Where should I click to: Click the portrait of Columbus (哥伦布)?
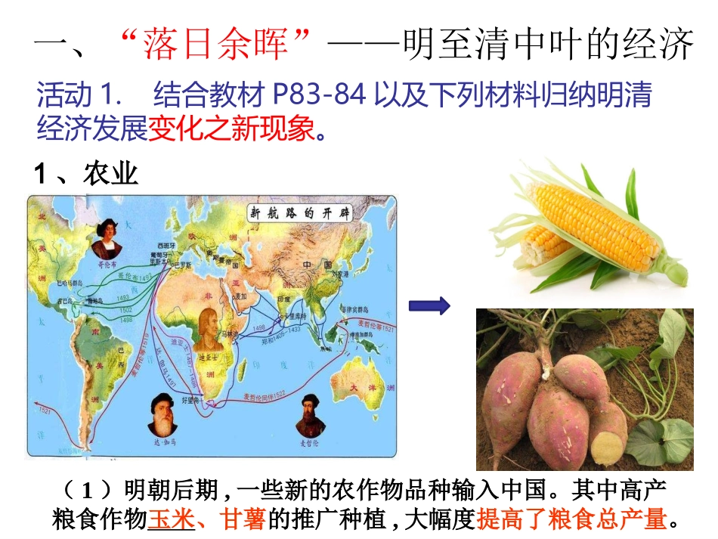[x=107, y=240]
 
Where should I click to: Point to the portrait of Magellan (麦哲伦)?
[x=308, y=413]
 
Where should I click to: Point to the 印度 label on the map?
[x=284, y=299]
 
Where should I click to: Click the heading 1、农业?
[x=86, y=175]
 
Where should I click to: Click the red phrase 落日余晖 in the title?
[x=215, y=46]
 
